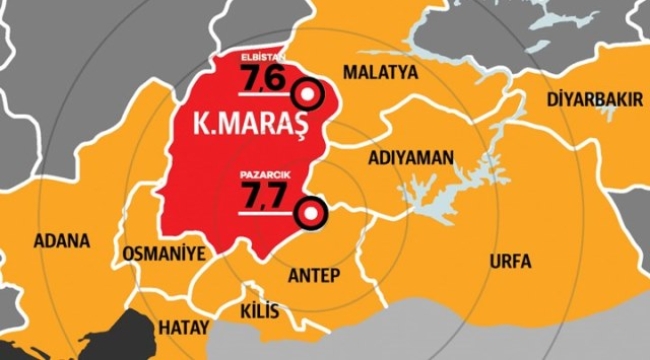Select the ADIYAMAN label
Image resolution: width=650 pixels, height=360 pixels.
coord(411,158)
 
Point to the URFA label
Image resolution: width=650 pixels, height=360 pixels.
coord(510,261)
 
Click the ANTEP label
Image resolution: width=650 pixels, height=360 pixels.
coord(316,274)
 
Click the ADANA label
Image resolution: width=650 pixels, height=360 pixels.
coord(61,241)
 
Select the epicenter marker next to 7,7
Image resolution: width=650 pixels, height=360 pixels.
coord(314,212)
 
